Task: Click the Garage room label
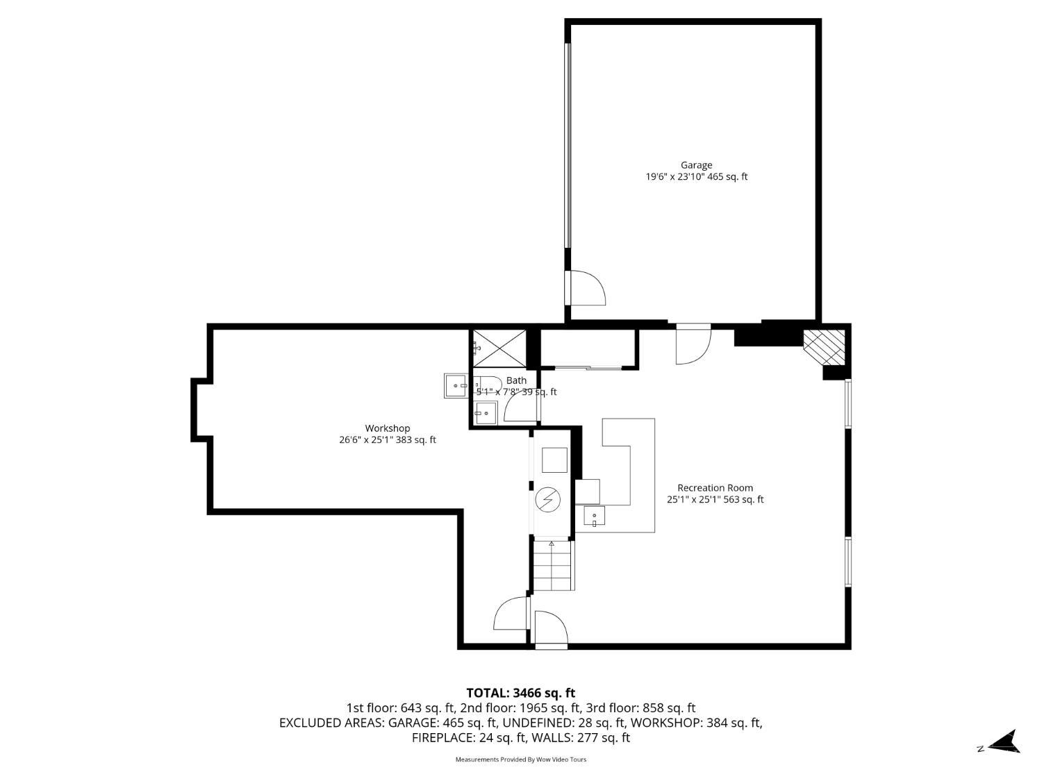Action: (x=696, y=165)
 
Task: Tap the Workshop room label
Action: (x=388, y=428)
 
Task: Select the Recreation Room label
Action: (x=715, y=487)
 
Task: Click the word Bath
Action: (x=516, y=380)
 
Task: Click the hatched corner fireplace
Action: (x=825, y=346)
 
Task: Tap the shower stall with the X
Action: (x=499, y=348)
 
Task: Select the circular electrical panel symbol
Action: (x=548, y=499)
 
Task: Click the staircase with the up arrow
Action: (x=553, y=565)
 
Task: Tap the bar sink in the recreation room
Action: (x=595, y=517)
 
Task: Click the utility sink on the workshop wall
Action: (x=456, y=385)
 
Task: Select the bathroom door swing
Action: (x=522, y=408)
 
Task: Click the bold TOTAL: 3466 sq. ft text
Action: (x=521, y=694)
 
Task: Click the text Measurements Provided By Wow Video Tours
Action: (x=521, y=759)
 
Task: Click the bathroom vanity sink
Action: (x=485, y=413)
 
